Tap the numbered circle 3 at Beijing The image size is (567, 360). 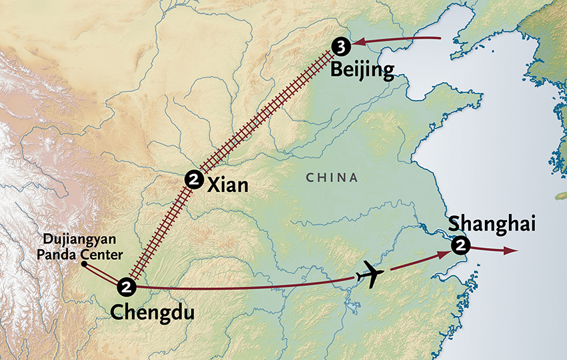341,46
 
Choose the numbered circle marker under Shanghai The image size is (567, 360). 460,246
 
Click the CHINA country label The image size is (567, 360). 332,178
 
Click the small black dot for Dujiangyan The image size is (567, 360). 83,264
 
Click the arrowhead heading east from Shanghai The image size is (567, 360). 510,251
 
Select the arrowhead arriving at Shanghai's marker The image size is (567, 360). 444,255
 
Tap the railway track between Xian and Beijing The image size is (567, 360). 267,113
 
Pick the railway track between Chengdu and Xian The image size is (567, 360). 160,230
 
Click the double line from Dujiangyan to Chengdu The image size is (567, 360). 103,275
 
